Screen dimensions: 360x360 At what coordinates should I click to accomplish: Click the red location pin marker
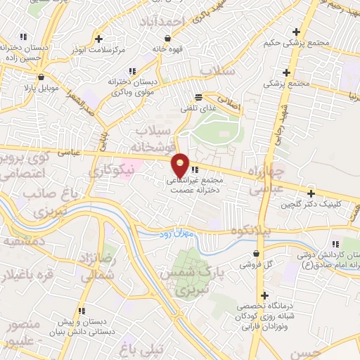click(180, 165)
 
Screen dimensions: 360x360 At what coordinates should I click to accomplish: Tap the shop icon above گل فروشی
click(258, 254)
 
